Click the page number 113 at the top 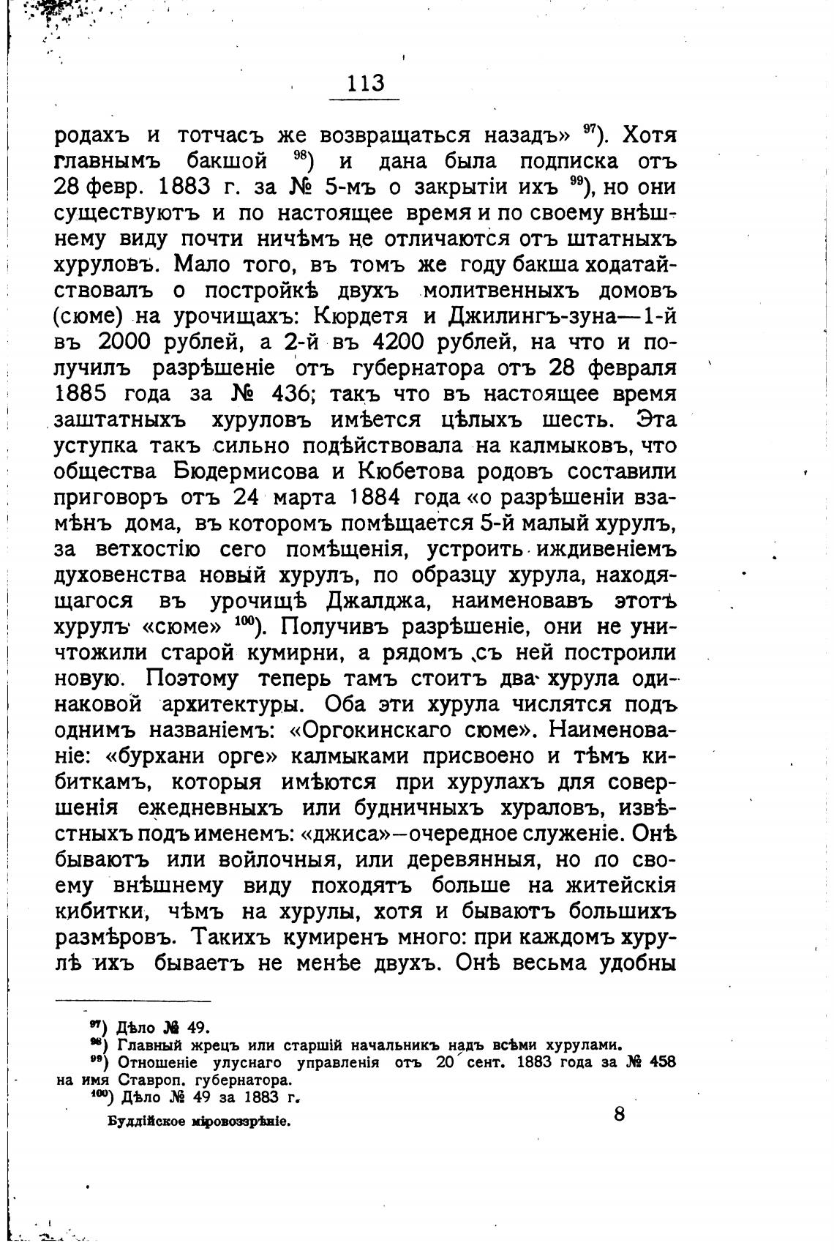click(x=367, y=83)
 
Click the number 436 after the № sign click(x=293, y=394)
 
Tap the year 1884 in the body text click(x=373, y=497)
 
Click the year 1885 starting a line click(x=81, y=394)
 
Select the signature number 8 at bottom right click(x=619, y=1115)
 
